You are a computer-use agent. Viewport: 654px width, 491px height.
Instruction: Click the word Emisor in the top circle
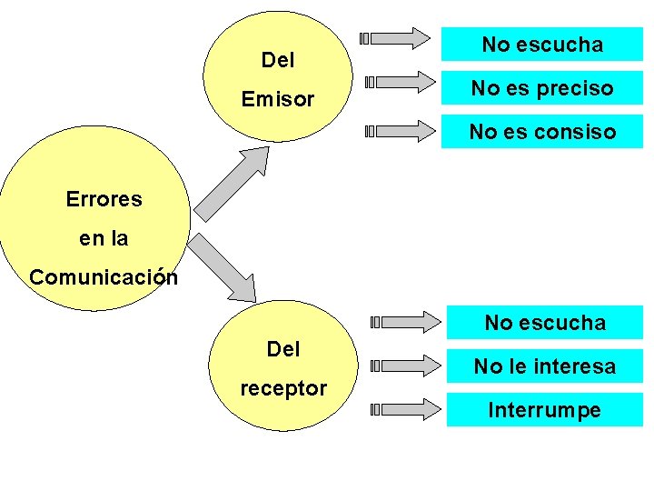coord(277,99)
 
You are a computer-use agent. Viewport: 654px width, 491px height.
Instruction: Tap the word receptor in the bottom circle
coord(282,388)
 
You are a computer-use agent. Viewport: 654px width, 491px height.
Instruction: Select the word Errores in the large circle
coord(104,199)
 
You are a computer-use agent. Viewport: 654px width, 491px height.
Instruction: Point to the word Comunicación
coord(104,276)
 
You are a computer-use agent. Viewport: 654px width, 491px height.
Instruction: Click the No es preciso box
coord(541,88)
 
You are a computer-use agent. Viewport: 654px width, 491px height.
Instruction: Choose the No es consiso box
coord(541,132)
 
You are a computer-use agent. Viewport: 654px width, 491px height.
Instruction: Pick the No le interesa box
coord(544,366)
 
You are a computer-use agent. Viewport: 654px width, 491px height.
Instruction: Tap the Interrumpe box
coord(544,410)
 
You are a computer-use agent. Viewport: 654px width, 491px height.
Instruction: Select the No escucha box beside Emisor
coord(541,44)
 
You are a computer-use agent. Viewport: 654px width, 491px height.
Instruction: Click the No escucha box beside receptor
coord(544,323)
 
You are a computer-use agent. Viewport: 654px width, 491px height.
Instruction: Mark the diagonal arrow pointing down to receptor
coord(222,267)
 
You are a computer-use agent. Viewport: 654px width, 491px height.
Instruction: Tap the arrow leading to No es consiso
coord(400,132)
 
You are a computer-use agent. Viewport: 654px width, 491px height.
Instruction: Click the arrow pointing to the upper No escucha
coord(396,38)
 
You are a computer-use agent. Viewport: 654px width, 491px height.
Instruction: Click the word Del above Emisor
coord(277,61)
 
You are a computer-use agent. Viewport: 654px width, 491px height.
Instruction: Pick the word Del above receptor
coord(282,349)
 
